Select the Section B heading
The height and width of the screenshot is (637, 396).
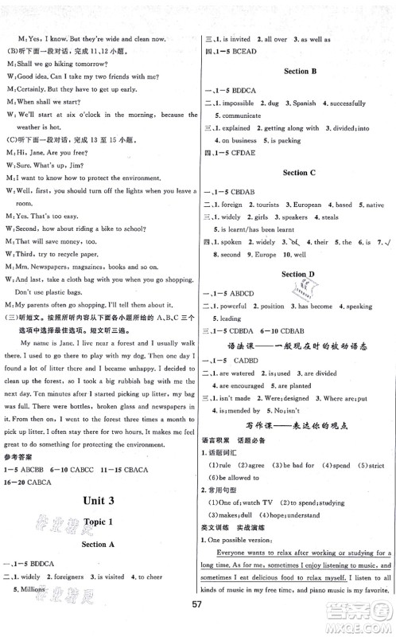tap(300, 71)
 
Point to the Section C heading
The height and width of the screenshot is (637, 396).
tap(300, 171)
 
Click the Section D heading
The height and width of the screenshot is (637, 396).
tap(300, 273)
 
